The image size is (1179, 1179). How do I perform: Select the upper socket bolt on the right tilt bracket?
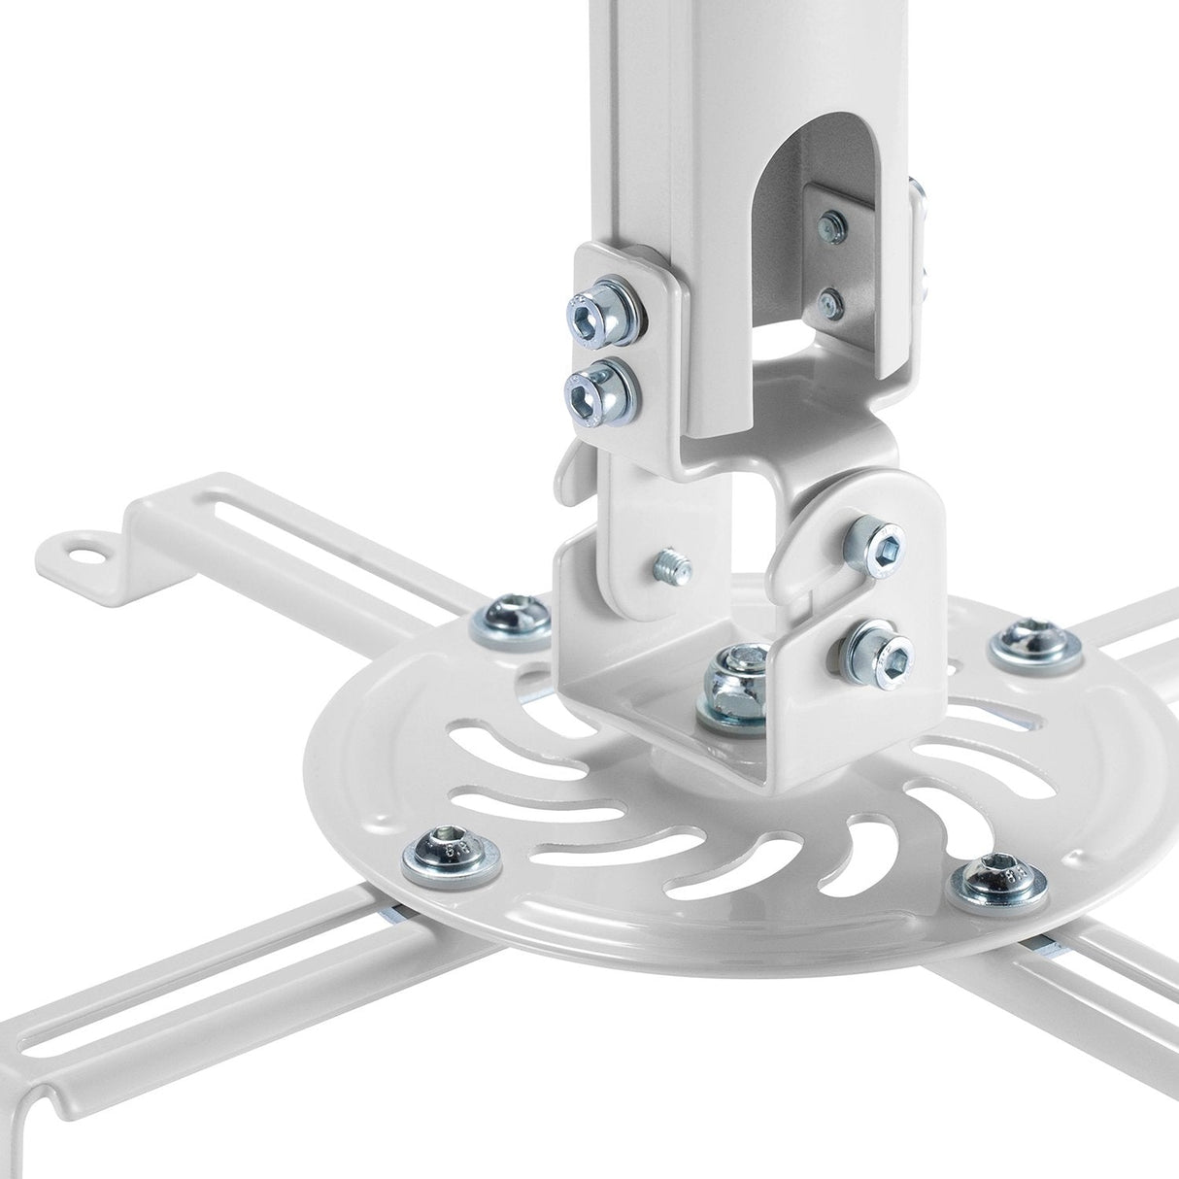pyautogui.click(x=875, y=539)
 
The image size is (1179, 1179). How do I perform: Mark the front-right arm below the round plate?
pyautogui.click(x=1117, y=971)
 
